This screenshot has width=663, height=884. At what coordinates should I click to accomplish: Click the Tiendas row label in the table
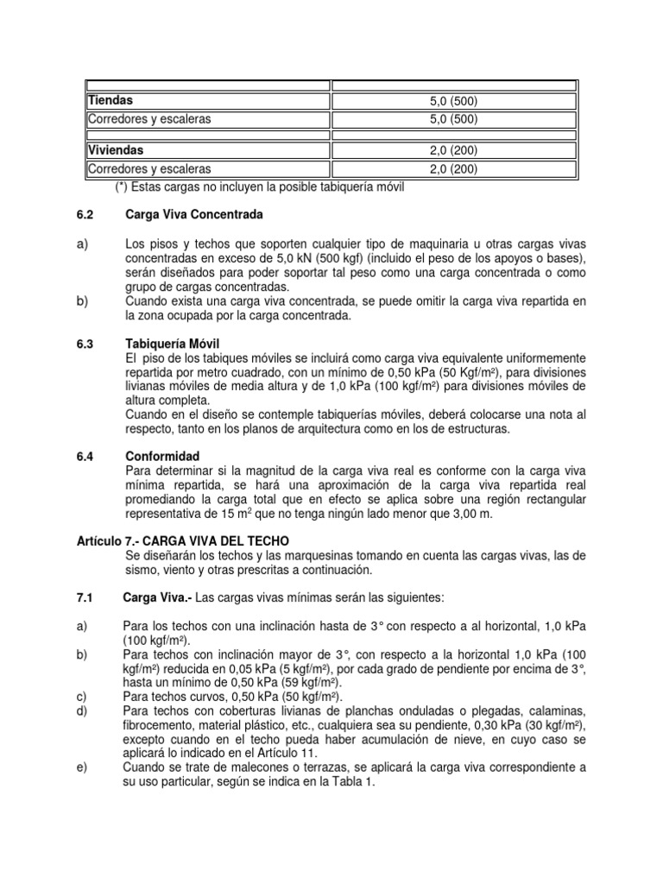click(110, 101)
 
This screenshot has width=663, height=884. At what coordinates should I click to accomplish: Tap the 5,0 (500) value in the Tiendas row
click(454, 102)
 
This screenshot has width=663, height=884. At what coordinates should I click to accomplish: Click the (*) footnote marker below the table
click(123, 187)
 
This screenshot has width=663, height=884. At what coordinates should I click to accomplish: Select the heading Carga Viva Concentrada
click(193, 214)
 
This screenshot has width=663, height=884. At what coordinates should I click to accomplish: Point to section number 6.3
click(85, 344)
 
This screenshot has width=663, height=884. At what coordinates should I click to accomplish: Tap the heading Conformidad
click(162, 456)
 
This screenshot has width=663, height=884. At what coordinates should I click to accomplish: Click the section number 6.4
click(85, 456)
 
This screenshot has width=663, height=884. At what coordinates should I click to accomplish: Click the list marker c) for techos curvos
click(83, 695)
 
